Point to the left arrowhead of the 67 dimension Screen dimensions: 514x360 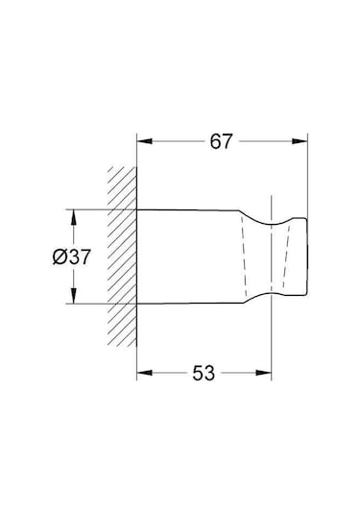coord(142,141)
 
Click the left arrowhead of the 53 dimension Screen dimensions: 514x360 coord(142,372)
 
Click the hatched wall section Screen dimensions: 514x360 coord(122,255)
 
